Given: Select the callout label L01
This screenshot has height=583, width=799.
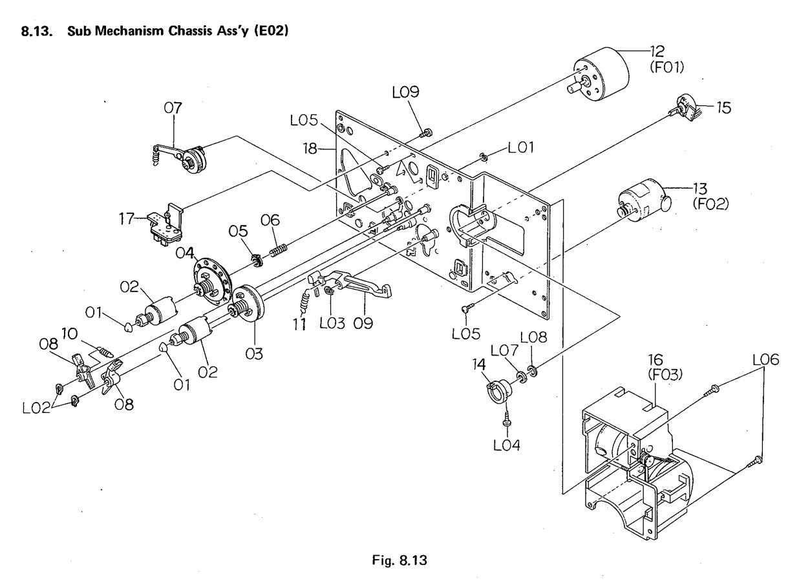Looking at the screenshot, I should click(519, 149).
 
